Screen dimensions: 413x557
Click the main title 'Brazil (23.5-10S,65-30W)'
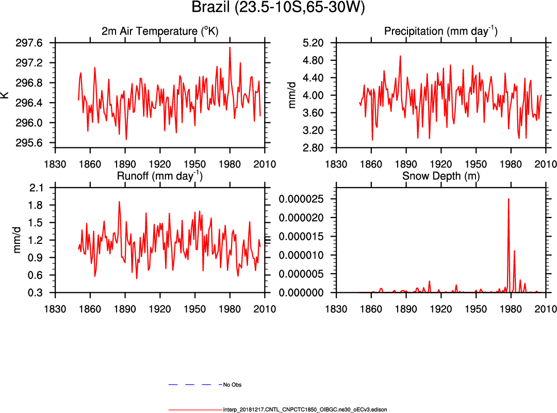[x=278, y=8]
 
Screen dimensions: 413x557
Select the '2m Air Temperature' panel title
[x=160, y=31]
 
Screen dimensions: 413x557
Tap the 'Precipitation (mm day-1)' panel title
[x=440, y=31]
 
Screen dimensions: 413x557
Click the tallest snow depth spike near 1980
[x=509, y=199]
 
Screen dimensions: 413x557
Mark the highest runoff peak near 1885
[x=119, y=202]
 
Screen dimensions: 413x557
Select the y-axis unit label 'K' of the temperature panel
[x=5, y=95]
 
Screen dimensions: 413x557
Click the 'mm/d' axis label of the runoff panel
[x=18, y=240]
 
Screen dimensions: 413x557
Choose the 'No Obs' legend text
[x=232, y=385]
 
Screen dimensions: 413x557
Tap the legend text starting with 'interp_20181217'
[x=305, y=410]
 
